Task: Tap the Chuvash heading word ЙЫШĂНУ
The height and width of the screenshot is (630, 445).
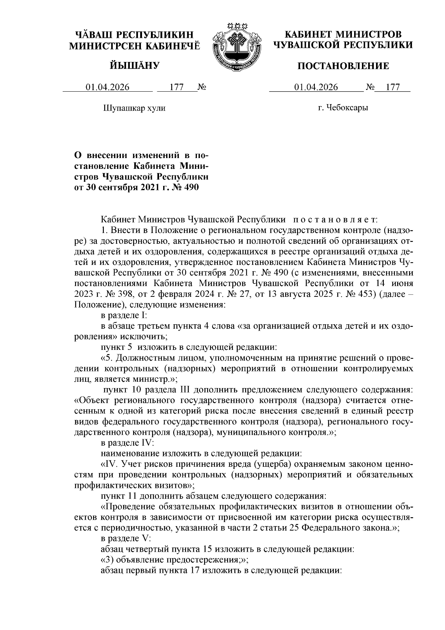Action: point(135,66)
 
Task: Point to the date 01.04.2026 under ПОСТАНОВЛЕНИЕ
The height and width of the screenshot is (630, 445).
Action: point(316,87)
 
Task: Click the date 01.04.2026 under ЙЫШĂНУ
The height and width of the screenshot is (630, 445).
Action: point(108,87)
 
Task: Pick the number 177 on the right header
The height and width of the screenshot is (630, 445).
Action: point(392,87)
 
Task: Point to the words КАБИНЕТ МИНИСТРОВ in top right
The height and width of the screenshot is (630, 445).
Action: point(343,35)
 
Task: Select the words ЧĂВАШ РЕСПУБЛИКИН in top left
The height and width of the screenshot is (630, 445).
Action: point(135,35)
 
